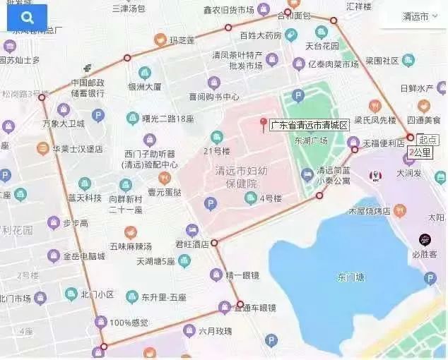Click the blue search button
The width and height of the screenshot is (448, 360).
pos(27,17)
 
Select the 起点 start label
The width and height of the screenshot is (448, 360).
pos(428,139)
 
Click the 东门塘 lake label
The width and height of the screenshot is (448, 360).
pos(351,276)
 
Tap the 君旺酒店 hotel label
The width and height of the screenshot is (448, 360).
pos(193,244)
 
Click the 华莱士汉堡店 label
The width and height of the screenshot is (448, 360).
pos(77,149)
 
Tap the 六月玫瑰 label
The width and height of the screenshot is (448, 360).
pos(215,331)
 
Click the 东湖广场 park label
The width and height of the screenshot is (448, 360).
pos(314,140)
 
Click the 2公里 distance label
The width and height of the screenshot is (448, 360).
pos(422,152)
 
